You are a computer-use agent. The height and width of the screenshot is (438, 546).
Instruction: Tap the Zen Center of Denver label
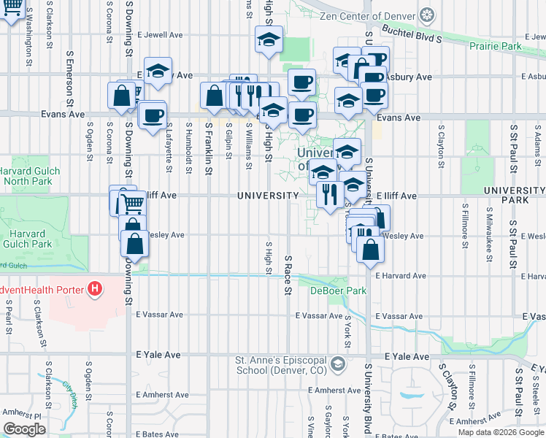(x=367, y=16)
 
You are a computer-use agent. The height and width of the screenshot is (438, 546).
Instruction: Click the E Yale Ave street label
(x=158, y=355)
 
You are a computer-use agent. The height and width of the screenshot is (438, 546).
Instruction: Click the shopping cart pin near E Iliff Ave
(x=131, y=204)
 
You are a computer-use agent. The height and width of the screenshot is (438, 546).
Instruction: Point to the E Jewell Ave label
(x=158, y=34)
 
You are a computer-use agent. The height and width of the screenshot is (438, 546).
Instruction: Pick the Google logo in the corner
(x=24, y=429)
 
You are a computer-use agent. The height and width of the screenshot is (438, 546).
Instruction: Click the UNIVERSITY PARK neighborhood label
(x=514, y=194)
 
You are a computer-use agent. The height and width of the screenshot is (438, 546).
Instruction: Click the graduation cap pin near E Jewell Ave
(x=269, y=40)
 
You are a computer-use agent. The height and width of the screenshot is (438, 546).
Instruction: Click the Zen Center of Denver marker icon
(x=427, y=15)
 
